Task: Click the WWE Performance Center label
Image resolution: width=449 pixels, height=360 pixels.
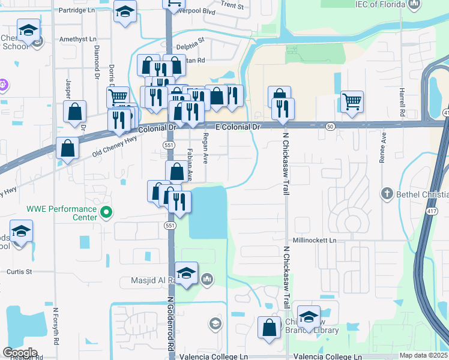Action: [61, 213]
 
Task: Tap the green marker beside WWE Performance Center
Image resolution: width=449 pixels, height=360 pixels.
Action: [107, 212]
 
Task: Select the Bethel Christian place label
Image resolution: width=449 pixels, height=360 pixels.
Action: [417, 194]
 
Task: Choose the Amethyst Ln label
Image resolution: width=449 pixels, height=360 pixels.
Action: [77, 39]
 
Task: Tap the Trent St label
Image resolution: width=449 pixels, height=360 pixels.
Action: [232, 5]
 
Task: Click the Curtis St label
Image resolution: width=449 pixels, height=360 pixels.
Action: [19, 271]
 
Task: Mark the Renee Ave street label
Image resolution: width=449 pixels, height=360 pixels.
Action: [381, 149]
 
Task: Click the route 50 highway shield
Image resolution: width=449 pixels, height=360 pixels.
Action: [330, 127]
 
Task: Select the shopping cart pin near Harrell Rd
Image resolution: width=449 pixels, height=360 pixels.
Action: [351, 100]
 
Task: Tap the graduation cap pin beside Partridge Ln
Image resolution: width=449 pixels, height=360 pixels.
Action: [125, 13]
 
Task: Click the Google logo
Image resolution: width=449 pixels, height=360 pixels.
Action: [20, 352]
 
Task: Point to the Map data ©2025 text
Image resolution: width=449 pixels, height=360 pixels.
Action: [424, 355]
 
